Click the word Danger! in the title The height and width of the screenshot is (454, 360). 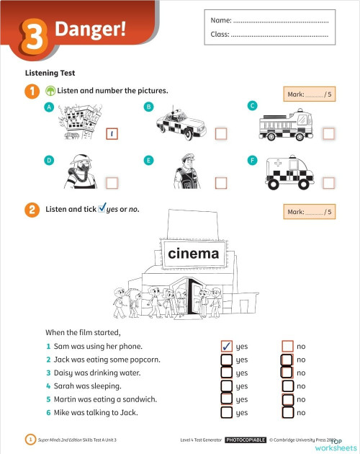coord(90,30)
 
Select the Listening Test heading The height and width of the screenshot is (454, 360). coord(50,73)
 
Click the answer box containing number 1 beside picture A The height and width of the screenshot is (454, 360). coord(111,133)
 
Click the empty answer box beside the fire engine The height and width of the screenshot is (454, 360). coord(328,133)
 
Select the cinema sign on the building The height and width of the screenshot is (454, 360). coord(193,254)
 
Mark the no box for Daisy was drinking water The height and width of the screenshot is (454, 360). coord(287,373)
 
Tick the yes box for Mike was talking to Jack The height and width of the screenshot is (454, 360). coord(226,412)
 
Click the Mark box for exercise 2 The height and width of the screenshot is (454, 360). coord(310,212)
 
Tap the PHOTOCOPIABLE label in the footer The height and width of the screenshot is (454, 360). coord(246,439)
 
